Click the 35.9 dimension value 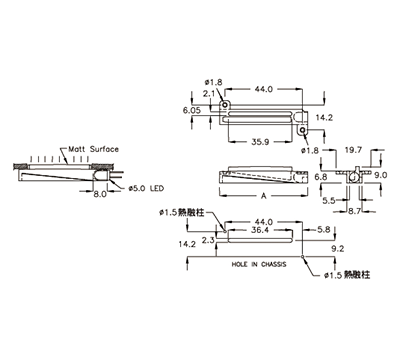pos(260,142)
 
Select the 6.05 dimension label pos(192,110)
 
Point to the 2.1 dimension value pos(209,94)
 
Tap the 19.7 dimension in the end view pos(353,150)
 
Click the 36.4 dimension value pos(260,230)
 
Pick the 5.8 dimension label pos(324,229)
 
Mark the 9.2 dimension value pos(338,249)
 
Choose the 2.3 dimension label pos(208,240)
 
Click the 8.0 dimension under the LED pos(99,194)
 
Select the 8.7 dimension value pos(354,211)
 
